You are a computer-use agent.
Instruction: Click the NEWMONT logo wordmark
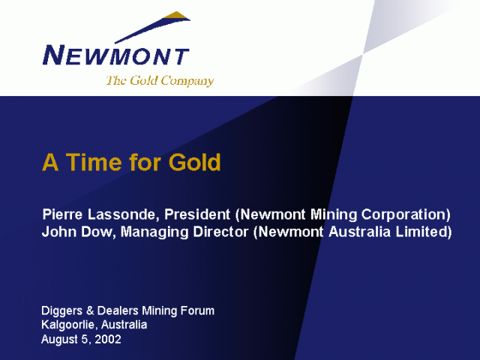point(116,55)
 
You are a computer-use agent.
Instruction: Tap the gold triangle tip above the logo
point(177,16)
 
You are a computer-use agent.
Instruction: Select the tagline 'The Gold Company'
point(160,81)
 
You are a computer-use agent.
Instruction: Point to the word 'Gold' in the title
point(195,162)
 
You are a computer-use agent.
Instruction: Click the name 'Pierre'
point(62,214)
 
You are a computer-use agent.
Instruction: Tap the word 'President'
point(197,214)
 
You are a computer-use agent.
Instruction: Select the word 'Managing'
point(154,232)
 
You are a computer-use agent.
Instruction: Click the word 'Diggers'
point(62,311)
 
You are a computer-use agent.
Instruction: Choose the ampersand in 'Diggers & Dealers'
point(90,310)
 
